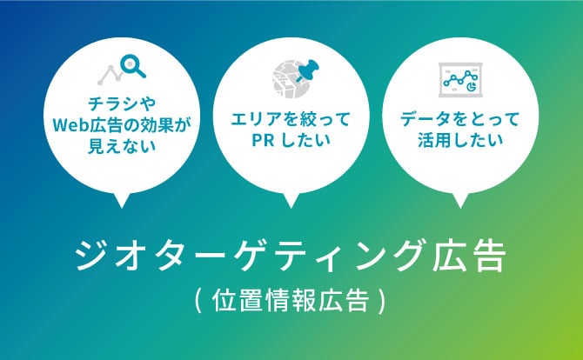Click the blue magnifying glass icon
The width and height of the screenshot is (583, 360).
pyautogui.click(x=132, y=66)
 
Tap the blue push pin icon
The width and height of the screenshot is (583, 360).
pyautogui.click(x=307, y=70)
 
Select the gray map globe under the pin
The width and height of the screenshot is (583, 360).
pyautogui.click(x=291, y=79)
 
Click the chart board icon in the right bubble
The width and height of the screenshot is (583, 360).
pyautogui.click(x=460, y=80)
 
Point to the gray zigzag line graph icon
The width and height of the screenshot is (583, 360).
pyautogui.click(x=110, y=75)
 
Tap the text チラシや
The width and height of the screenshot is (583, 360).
pyautogui.click(x=122, y=104)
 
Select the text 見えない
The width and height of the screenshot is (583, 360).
pyautogui.click(x=122, y=146)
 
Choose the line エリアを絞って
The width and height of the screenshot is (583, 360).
pyautogui.click(x=291, y=120)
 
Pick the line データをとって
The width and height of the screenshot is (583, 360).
pyautogui.click(x=460, y=120)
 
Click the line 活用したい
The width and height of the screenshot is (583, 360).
pyautogui.click(x=460, y=140)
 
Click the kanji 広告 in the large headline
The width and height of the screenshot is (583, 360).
pyautogui.click(x=469, y=257)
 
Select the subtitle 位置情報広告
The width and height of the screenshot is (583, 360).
pyautogui.click(x=291, y=300)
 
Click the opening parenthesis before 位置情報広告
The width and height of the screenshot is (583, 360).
pyautogui.click(x=198, y=301)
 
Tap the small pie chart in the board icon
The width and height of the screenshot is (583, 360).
pyautogui.click(x=472, y=87)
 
